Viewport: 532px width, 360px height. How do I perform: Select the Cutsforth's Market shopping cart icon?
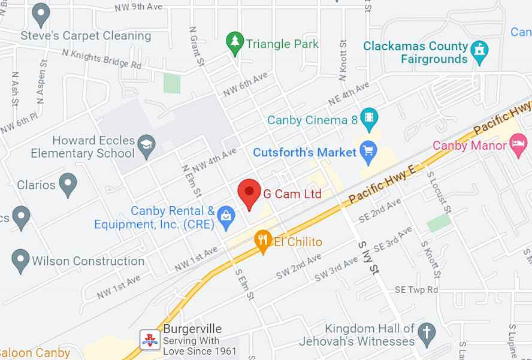point(367,153)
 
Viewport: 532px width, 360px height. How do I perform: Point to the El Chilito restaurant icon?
point(262,241)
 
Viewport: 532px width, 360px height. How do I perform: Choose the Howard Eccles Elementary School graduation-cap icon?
point(146,146)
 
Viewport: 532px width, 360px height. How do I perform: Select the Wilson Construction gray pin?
point(21,261)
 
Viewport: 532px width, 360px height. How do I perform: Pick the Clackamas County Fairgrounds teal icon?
point(479,52)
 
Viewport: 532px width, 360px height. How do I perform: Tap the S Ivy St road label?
point(367,258)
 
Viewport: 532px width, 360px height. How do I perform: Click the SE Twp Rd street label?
point(417,290)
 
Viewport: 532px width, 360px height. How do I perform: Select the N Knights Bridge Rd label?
point(101,59)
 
